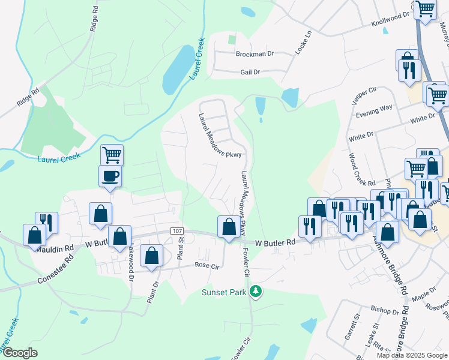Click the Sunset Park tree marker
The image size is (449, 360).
[256, 292]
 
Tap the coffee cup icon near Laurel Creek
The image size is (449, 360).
[110, 177]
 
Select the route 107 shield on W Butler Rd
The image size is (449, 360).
[176, 231]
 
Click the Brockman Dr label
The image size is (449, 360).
[255, 54]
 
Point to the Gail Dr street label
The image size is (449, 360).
[249, 72]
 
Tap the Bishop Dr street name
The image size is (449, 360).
[384, 311]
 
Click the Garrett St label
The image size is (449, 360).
[351, 329]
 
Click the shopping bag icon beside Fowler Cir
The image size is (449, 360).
[228, 227]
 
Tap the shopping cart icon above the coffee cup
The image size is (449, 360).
[112, 155]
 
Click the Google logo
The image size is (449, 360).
[20, 353]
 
